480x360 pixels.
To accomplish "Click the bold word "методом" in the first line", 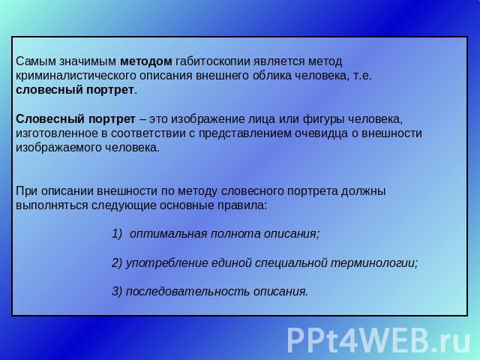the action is pos(146,61).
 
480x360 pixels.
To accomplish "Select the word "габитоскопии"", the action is pos(213,62).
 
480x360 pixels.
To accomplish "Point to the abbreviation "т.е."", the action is pos(362,76).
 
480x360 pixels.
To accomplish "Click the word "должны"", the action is pos(363,191).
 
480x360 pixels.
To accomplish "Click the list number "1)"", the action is pos(117,234).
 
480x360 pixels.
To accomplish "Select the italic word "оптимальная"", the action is pos(169,234).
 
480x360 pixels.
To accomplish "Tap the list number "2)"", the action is pos(117,263).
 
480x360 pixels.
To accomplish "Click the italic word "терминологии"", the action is pos(373,263).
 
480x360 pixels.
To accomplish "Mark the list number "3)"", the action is pos(117,292).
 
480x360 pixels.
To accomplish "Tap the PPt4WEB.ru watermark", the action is pos(378,340).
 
